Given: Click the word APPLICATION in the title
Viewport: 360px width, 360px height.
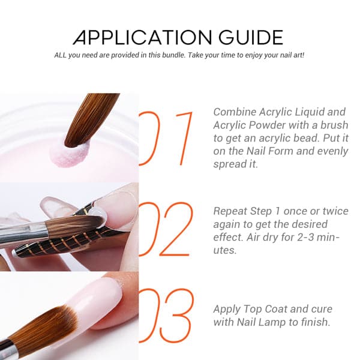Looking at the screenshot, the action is pos(142,37).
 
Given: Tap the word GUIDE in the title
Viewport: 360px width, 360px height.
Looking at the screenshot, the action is pos(251,37).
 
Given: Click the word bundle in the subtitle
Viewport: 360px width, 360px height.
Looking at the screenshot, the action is pos(173,55).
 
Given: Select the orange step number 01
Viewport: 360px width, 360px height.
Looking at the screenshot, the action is pos(166,139).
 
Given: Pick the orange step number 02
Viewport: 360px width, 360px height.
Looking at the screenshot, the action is pos(166,229).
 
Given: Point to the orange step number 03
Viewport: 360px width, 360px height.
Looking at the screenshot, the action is pos(166,316).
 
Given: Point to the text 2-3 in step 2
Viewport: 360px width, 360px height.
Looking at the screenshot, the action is pos(305,237).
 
